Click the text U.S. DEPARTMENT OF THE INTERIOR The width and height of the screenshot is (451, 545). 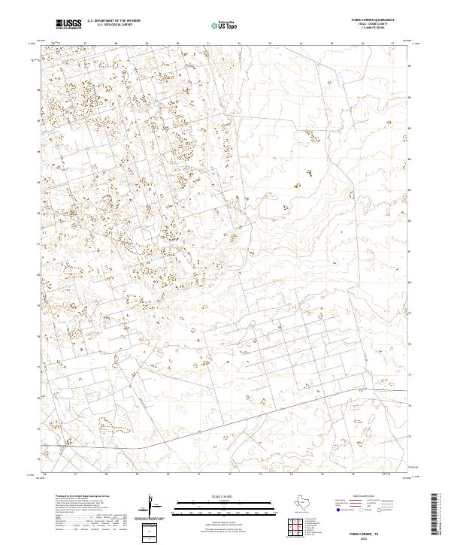pyautogui.click(x=114, y=21)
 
